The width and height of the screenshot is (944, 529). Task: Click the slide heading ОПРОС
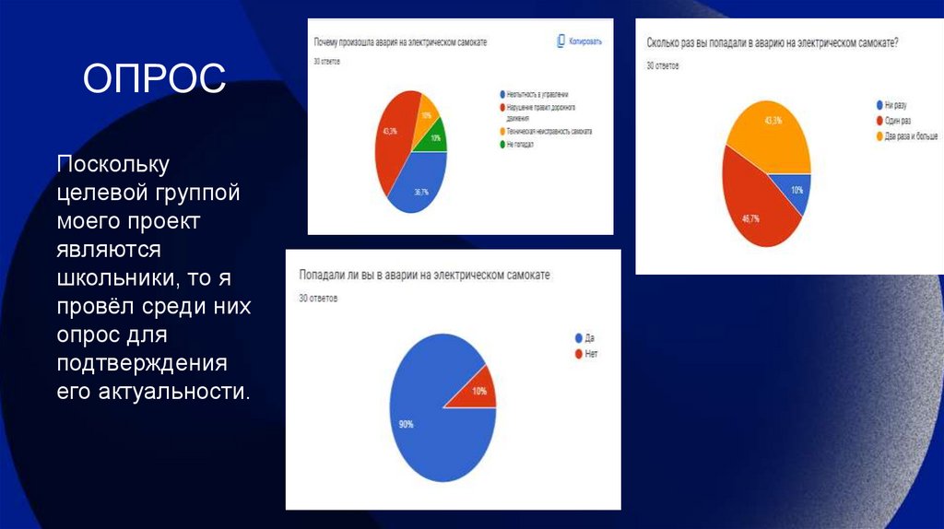point(154,78)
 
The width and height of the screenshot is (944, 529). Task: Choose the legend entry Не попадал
point(523,145)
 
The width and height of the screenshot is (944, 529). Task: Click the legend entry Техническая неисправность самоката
point(548,132)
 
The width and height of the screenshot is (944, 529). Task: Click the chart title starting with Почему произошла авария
point(400,43)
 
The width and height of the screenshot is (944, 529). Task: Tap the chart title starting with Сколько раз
point(773,42)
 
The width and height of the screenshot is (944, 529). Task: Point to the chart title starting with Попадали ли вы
point(424,276)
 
